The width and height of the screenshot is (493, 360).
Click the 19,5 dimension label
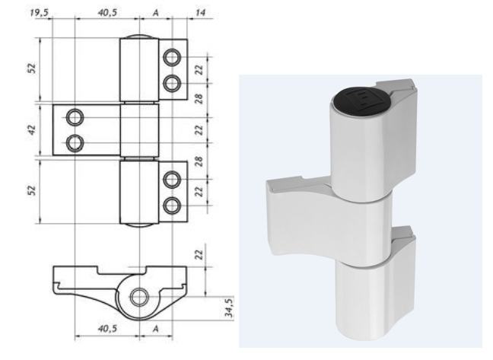[39, 13]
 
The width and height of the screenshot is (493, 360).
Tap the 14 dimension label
[200, 13]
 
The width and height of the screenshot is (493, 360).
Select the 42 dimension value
[33, 130]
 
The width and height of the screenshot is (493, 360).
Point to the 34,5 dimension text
[229, 307]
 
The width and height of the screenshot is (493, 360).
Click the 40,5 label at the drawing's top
[107, 13]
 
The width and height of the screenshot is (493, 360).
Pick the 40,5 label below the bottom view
[107, 329]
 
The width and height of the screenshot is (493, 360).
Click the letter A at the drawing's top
[156, 13]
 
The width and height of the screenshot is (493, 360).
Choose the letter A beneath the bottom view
[156, 329]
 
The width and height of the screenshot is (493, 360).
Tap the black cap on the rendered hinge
[361, 100]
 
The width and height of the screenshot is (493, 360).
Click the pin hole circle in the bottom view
[139, 297]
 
